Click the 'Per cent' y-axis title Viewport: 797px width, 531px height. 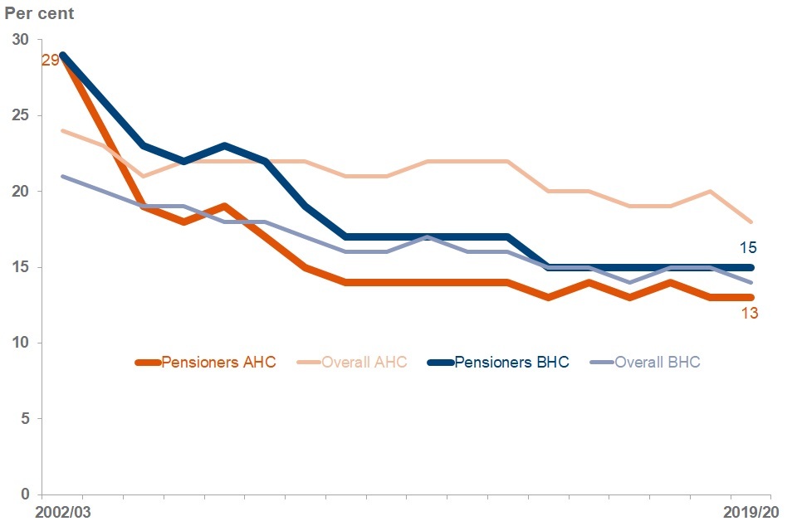41,14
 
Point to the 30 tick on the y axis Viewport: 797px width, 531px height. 21,40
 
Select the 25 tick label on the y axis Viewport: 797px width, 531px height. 21,115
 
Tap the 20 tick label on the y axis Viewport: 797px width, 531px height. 21,192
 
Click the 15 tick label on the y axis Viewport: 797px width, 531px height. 21,267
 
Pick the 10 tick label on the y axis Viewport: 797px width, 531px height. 21,343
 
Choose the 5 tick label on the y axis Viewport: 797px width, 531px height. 24,419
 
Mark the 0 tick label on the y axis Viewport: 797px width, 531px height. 24,494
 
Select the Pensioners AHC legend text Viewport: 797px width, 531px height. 218,363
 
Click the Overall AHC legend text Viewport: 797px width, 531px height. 364,363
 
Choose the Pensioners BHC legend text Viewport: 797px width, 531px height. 511,363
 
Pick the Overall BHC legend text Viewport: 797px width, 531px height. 657,363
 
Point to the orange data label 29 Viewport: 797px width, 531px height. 50,60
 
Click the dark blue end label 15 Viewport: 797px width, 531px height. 749,247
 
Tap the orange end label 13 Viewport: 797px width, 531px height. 749,313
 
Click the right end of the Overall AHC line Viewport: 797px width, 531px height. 751,222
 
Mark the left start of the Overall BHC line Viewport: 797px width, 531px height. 62,176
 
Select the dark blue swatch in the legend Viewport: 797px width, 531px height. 440,363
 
